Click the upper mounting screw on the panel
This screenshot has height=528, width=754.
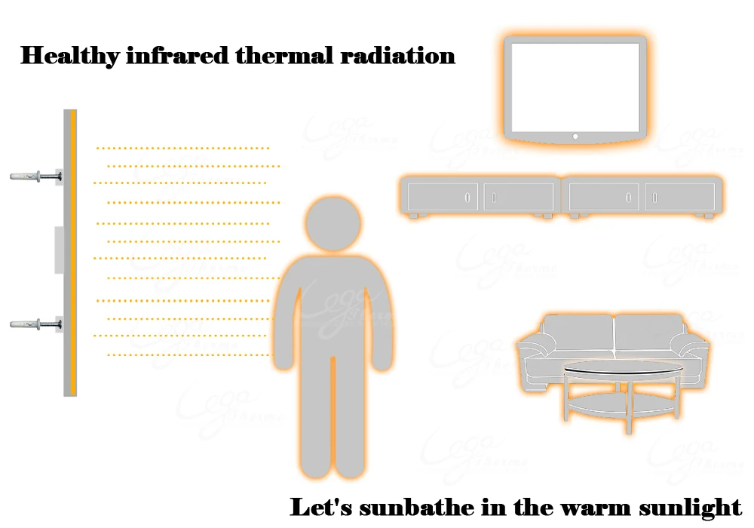coord(34,177)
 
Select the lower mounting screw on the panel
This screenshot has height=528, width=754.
coord(34,324)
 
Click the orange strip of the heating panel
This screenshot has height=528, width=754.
coord(73,253)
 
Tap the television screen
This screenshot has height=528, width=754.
coord(575,87)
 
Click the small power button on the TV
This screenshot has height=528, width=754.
coord(575,137)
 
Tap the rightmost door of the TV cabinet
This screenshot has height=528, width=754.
coord(682,198)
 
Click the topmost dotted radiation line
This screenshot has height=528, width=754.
coord(182,148)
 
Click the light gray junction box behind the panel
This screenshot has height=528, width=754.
coord(59,250)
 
